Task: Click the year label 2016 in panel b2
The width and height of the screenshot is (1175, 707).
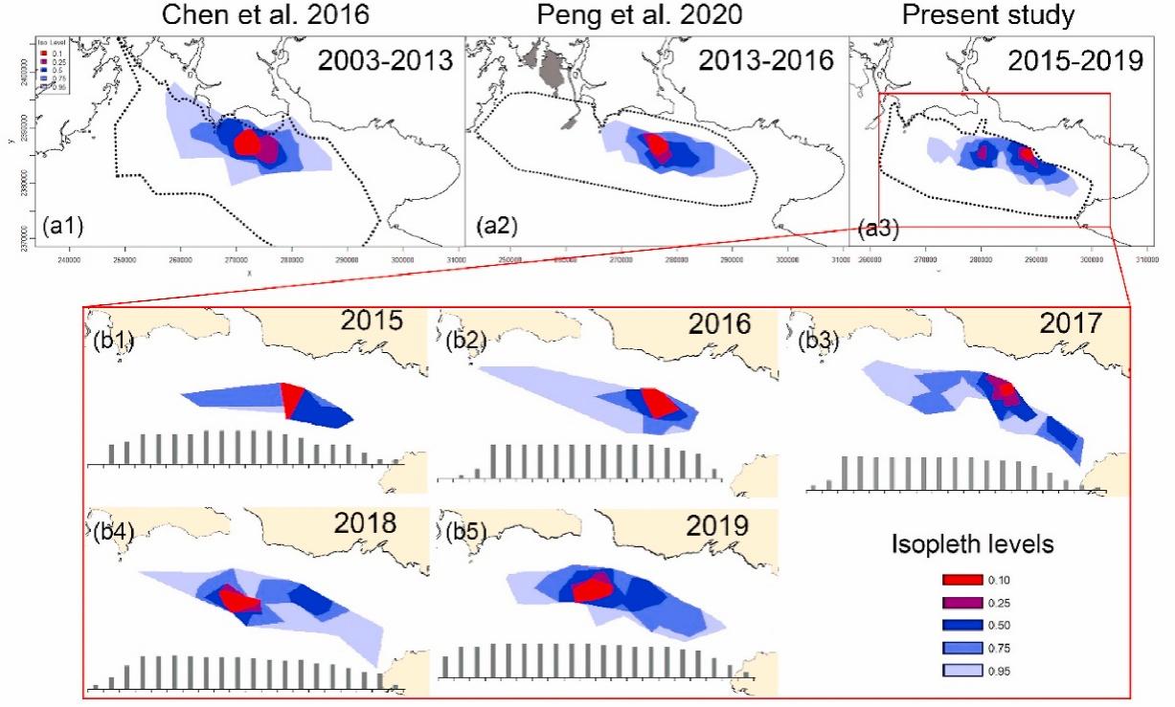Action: click(x=721, y=326)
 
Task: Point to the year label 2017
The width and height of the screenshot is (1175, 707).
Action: click(x=1072, y=330)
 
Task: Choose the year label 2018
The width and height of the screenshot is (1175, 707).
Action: click(x=366, y=525)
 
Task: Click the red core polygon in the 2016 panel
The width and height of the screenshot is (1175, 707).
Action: click(x=660, y=402)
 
